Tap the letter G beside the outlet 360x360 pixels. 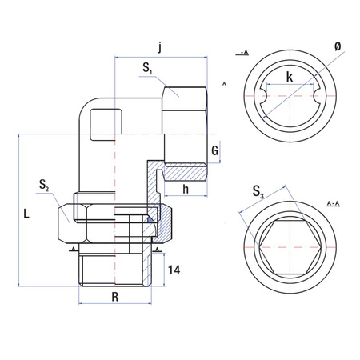click(214, 151)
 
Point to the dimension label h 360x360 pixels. click(186, 189)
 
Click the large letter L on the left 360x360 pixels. click(27, 214)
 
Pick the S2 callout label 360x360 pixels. click(45, 186)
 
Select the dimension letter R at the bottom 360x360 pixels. click(115, 295)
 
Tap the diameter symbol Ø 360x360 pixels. click(338, 47)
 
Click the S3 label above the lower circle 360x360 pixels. click(258, 191)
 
